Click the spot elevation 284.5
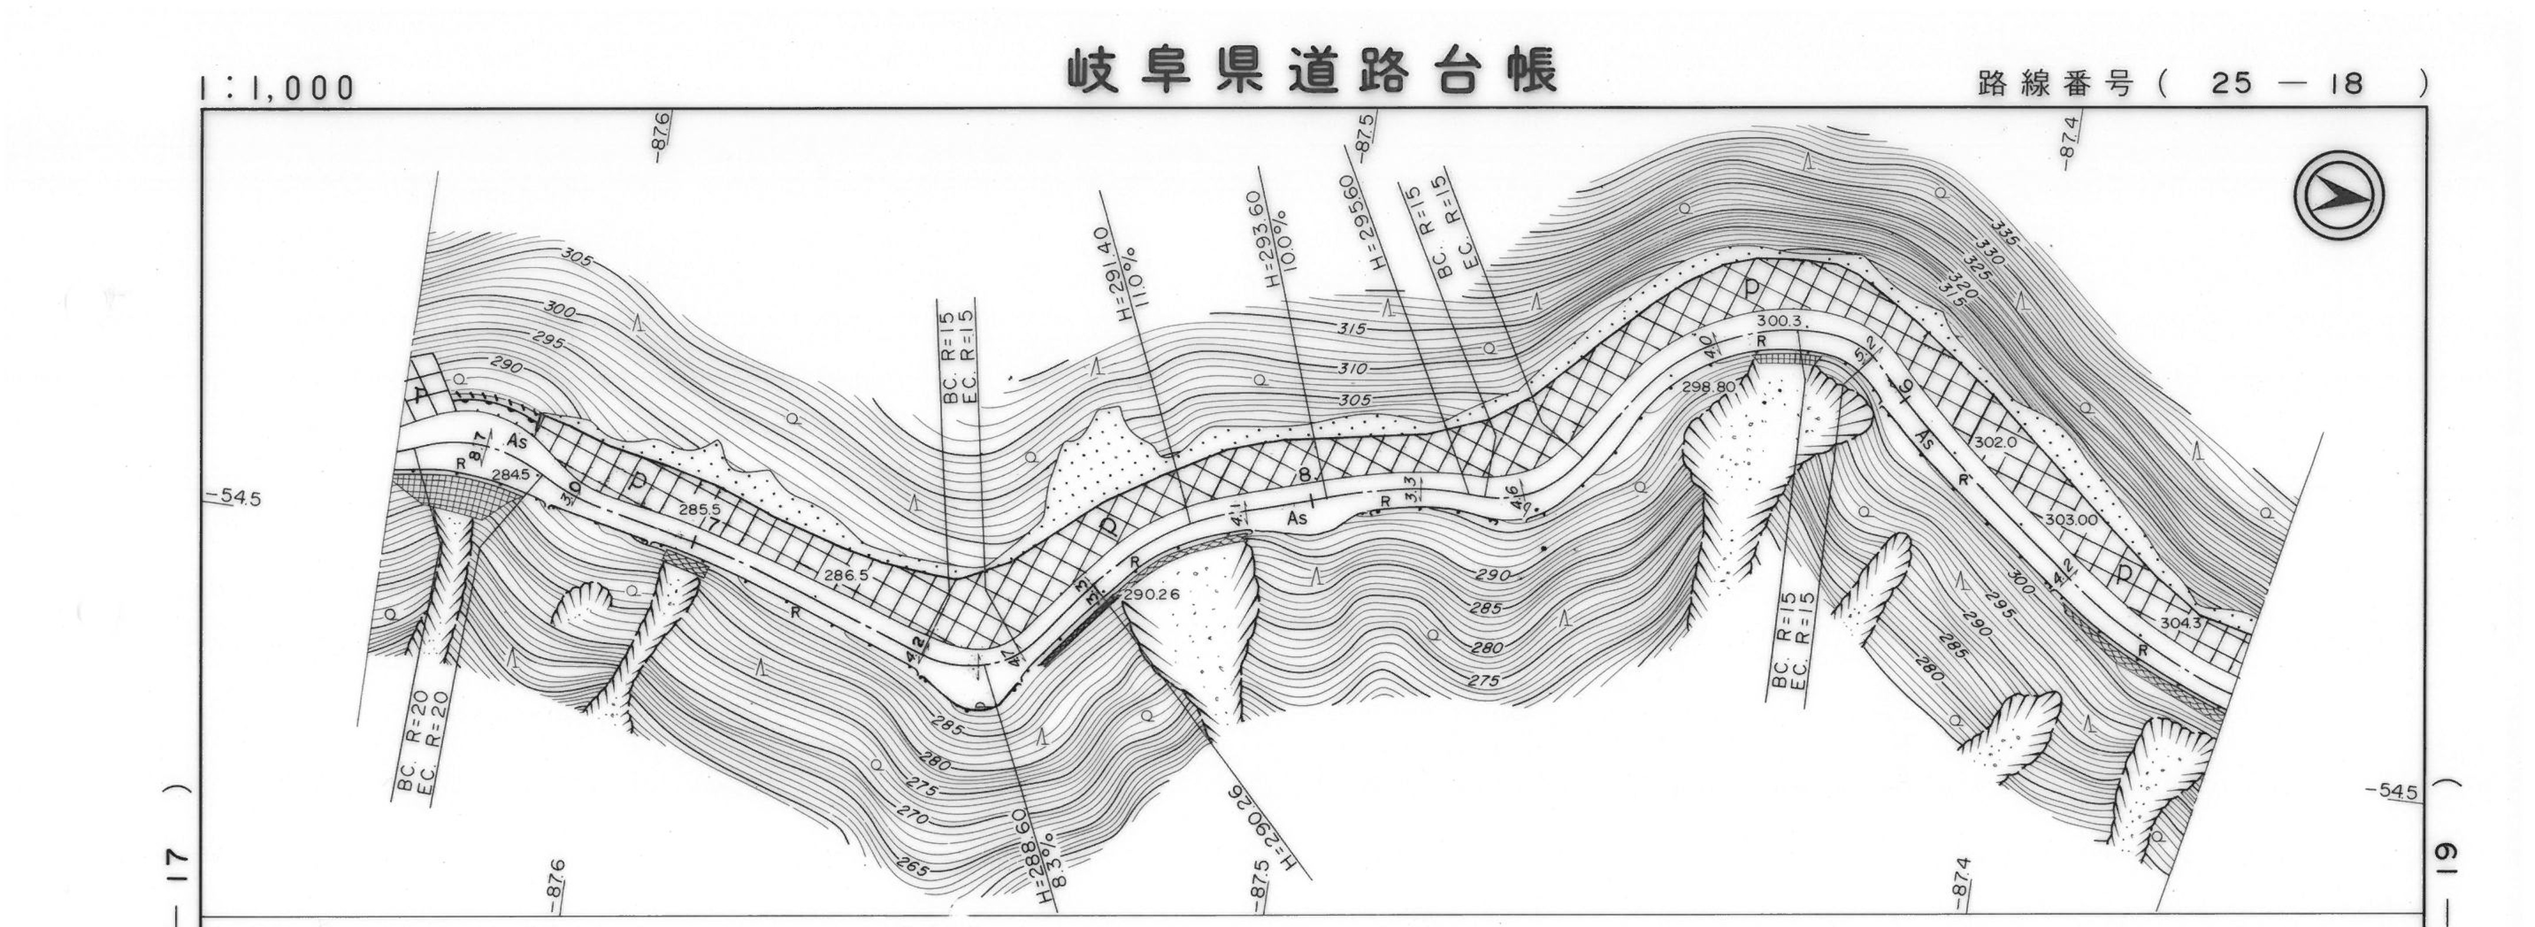tap(509, 474)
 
